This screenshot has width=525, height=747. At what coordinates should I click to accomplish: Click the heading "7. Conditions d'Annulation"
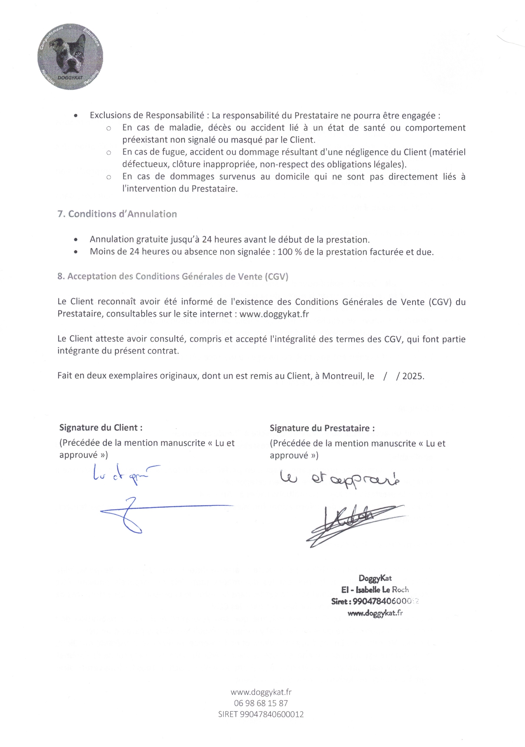point(117,214)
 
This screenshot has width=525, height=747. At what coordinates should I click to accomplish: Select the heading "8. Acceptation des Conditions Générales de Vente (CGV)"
point(173,276)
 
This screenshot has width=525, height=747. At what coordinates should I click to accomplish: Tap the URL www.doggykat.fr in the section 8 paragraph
point(274,314)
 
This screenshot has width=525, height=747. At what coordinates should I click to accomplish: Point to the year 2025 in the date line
point(413,376)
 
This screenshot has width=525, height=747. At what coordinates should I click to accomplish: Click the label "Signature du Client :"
point(101,427)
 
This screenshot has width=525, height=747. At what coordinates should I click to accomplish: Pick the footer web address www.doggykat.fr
point(261,692)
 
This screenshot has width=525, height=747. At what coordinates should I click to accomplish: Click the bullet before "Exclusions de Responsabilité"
point(76,116)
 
